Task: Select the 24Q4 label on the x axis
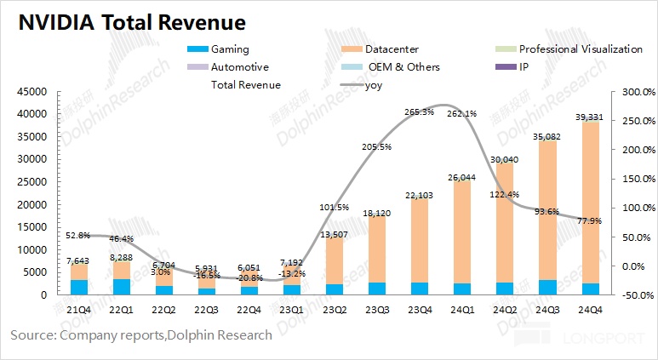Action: [x=592, y=311]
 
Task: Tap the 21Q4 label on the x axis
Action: [x=79, y=311]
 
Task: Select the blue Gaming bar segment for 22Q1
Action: [x=121, y=286]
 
